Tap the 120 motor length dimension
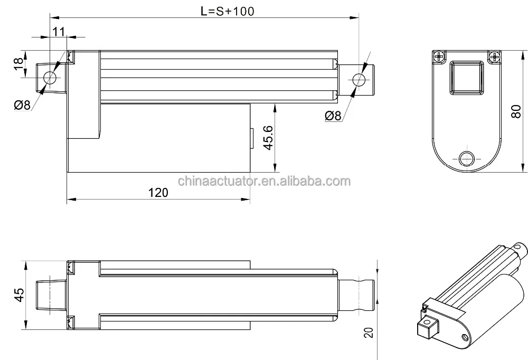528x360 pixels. (158, 192)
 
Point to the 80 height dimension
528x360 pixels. (517, 111)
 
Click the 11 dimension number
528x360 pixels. (59, 31)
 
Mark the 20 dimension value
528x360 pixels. (369, 333)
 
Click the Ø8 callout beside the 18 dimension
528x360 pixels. (22, 105)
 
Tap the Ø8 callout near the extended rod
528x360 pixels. (333, 116)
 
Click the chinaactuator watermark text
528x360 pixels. (263, 182)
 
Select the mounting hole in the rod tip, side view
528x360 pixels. (359, 80)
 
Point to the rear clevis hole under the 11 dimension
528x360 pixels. (50, 78)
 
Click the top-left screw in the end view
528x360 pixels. (439, 55)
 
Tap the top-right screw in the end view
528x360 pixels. (494, 55)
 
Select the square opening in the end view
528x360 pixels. (466, 77)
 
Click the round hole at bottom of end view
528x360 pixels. (467, 158)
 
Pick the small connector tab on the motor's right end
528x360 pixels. (252, 138)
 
